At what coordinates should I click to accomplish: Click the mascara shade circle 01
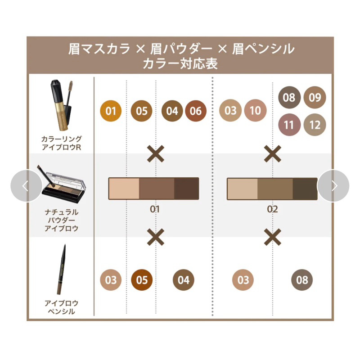click(x=111, y=111)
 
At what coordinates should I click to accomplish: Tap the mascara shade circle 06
click(x=196, y=111)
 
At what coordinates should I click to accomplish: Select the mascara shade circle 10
click(x=255, y=110)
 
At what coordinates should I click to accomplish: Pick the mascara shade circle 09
click(x=315, y=97)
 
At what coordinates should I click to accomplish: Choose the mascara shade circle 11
click(x=289, y=125)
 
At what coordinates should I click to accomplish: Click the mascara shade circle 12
click(x=315, y=125)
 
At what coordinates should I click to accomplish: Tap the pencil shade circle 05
click(x=142, y=280)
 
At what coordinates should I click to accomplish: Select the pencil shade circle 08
click(x=302, y=280)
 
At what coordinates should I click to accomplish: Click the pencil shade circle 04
click(x=184, y=280)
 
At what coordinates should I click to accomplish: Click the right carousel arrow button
click(x=333, y=186)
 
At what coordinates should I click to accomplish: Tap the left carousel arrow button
click(x=27, y=186)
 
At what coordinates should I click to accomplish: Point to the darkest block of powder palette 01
click(x=186, y=189)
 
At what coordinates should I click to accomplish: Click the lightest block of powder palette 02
click(x=243, y=189)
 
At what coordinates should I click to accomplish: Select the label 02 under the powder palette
click(x=273, y=209)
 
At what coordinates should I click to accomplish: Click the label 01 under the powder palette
click(x=155, y=209)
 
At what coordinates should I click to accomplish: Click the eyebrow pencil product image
click(x=61, y=270)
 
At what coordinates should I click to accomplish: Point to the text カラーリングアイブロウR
click(x=61, y=143)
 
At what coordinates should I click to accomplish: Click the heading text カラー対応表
click(x=180, y=63)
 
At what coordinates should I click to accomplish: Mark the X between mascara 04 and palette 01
click(x=155, y=153)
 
